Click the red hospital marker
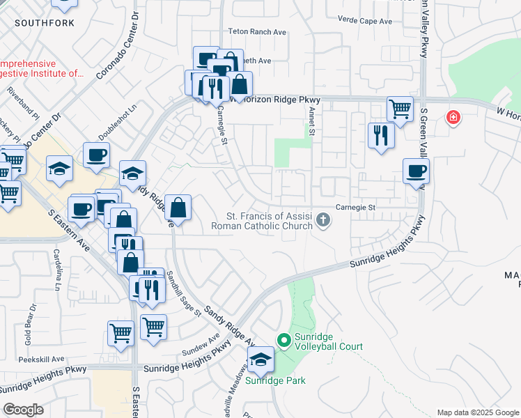[x=453, y=117]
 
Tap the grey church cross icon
[x=322, y=220]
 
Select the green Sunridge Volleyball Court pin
[x=283, y=341]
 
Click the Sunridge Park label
[x=276, y=381]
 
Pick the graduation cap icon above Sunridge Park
[x=260, y=361]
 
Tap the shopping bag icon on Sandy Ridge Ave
[x=178, y=208]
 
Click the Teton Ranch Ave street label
[x=258, y=32]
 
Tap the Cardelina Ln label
[x=58, y=270]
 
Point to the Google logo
[x=24, y=410]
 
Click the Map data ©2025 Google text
[x=477, y=412]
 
